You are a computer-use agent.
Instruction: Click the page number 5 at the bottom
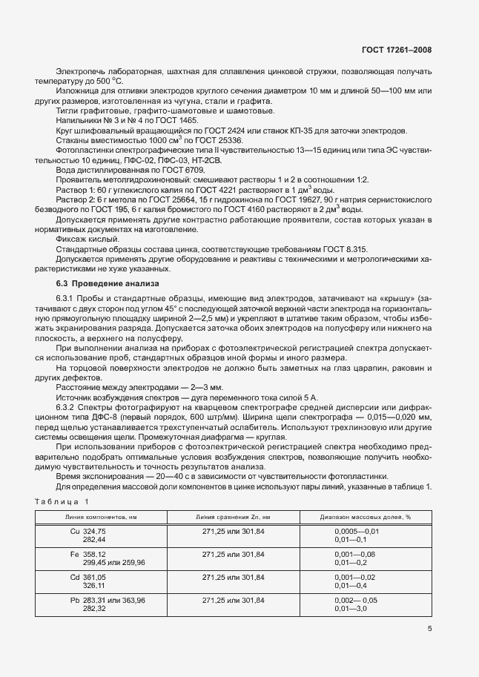tap(429, 630)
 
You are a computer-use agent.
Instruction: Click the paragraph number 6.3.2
tap(68, 408)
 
